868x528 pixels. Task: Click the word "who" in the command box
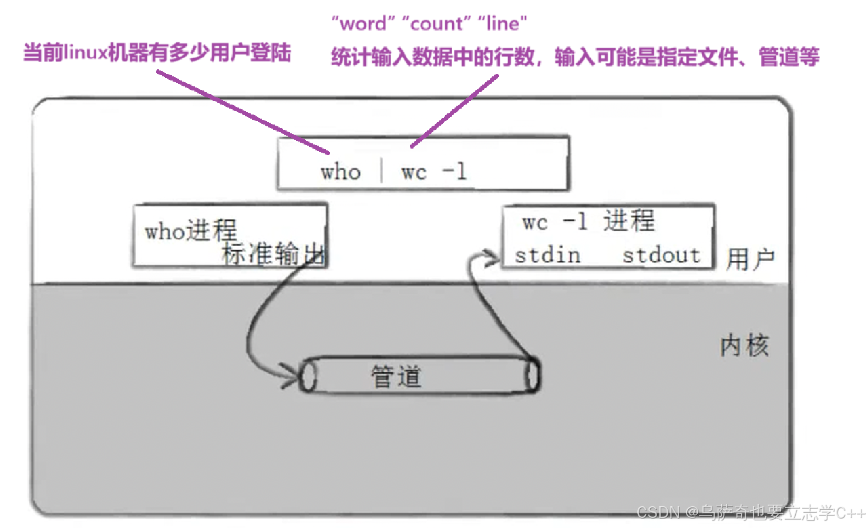pyautogui.click(x=340, y=172)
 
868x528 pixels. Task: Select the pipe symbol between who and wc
pyautogui.click(x=382, y=171)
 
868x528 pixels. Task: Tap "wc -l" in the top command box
pyautogui.click(x=433, y=172)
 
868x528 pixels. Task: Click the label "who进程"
pyautogui.click(x=190, y=230)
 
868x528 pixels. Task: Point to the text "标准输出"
pyautogui.click(x=273, y=254)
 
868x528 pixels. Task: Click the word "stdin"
pyautogui.click(x=547, y=255)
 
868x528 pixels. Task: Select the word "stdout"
pyautogui.click(x=661, y=255)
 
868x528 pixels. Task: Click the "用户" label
pyautogui.click(x=751, y=259)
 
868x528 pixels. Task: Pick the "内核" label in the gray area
pyautogui.click(x=744, y=345)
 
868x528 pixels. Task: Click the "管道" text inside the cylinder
pyautogui.click(x=396, y=376)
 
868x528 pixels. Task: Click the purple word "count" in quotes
pyautogui.click(x=436, y=24)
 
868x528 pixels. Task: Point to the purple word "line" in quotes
pyautogui.click(x=503, y=24)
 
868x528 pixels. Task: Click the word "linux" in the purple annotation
pyautogui.click(x=85, y=53)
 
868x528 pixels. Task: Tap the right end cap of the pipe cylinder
pyautogui.click(x=532, y=375)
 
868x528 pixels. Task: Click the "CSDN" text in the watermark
pyautogui.click(x=658, y=513)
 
